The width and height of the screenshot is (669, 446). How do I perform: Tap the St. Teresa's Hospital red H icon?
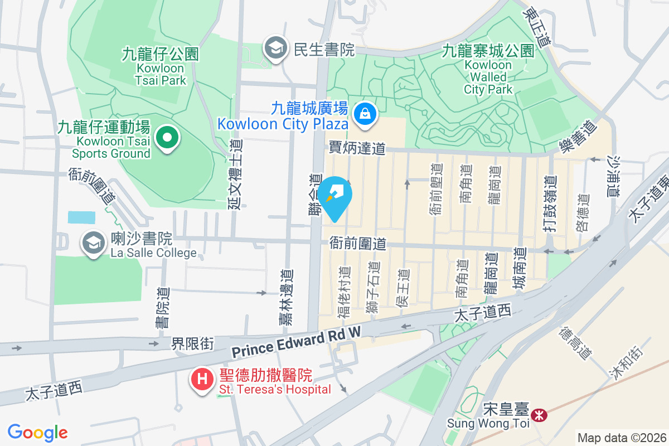point(202,380)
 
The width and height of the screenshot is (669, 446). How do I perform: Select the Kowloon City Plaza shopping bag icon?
point(364,114)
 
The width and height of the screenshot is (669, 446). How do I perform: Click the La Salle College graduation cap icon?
point(94,244)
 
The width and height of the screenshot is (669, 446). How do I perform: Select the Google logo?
point(37,433)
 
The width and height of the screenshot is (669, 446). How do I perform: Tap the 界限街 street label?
point(192,344)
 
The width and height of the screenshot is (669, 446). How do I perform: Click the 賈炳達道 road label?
point(357,148)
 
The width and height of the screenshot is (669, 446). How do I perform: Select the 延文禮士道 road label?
point(236,174)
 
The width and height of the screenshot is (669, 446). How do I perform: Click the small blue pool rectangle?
point(81,217)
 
